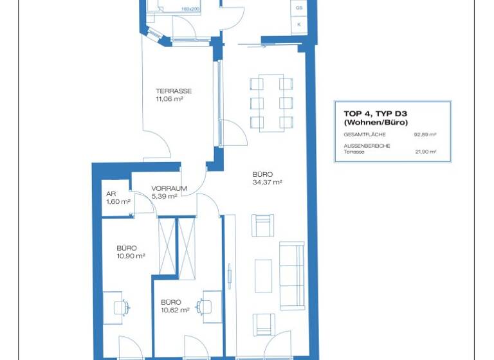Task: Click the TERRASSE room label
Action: [x=174, y=91]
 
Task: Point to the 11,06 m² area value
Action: [x=169, y=99]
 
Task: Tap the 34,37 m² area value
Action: [x=268, y=183]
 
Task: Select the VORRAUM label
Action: [x=169, y=188]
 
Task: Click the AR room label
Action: [x=111, y=194]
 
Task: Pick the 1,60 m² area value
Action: [x=118, y=202]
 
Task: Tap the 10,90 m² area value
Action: [x=131, y=255]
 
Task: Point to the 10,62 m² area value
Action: [x=175, y=310]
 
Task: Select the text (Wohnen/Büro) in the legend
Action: [x=376, y=122]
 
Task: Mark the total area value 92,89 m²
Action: [x=425, y=135]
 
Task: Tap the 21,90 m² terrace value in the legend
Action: [x=426, y=152]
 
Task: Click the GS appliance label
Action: [x=299, y=7]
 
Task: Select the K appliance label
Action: [x=299, y=24]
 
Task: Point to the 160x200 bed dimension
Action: [x=190, y=9]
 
